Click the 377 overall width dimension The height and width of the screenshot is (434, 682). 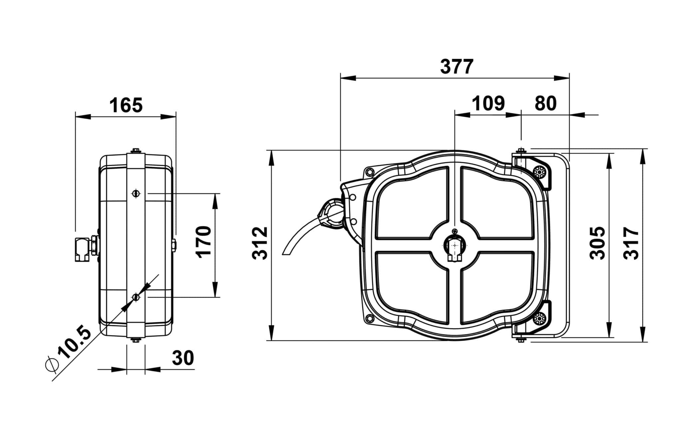point(457,67)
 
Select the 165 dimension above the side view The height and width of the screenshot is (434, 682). point(126,105)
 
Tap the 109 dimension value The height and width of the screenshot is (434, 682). point(489,103)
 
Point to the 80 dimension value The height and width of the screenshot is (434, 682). point(545,103)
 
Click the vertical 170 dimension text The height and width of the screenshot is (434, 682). point(203,241)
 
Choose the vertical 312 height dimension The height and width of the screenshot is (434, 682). point(260,243)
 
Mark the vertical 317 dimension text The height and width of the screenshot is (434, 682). point(631,243)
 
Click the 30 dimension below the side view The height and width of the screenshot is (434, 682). point(183,358)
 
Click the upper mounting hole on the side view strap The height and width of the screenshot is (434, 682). point(136,193)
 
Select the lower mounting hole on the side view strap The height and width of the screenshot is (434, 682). point(136,297)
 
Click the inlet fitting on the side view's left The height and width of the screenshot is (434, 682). point(82,249)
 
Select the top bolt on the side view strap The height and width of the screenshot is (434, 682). point(136,151)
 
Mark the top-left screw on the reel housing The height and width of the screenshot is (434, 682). point(369,172)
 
